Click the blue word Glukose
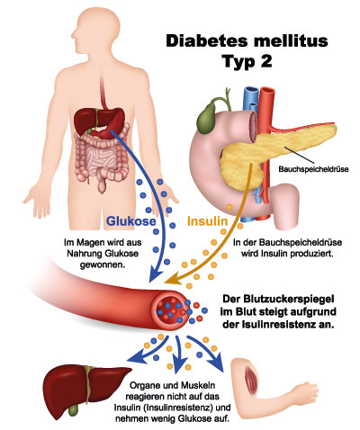131,221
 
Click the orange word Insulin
208,221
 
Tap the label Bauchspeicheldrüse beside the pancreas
313,169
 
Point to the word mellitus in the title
291,40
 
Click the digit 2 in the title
265,61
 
